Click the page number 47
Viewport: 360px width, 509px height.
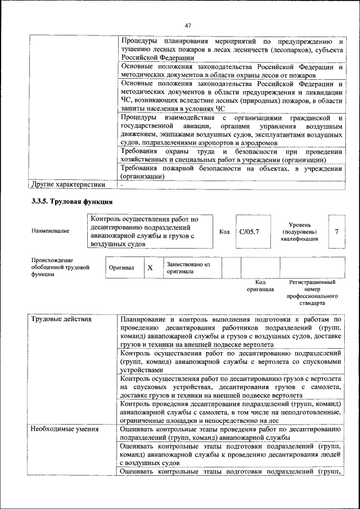(x=188, y=25)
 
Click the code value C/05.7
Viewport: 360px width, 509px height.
(x=249, y=231)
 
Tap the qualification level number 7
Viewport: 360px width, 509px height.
(x=336, y=231)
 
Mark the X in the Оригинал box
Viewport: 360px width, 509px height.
(x=150, y=268)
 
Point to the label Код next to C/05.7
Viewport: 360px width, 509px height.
(x=224, y=231)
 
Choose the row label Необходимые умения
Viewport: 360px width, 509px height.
(x=65, y=429)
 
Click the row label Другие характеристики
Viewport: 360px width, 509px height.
(x=68, y=184)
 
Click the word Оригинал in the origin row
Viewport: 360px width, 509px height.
(x=121, y=268)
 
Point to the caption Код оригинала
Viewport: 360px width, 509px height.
(x=260, y=286)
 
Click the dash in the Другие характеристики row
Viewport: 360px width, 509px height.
(x=121, y=184)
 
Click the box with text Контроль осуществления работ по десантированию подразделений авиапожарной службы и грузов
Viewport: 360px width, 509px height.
(x=151, y=231)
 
